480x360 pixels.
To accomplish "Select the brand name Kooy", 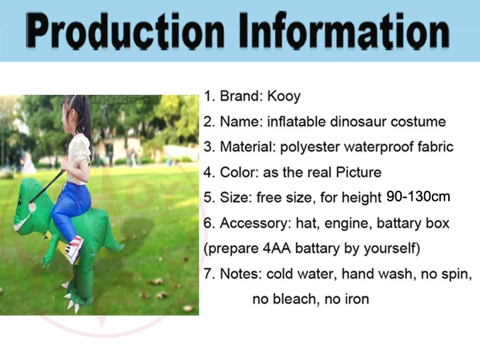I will pos(284,96).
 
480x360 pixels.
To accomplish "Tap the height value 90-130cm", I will pos(418,197).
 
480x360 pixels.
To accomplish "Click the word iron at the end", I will pos(356,299).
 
